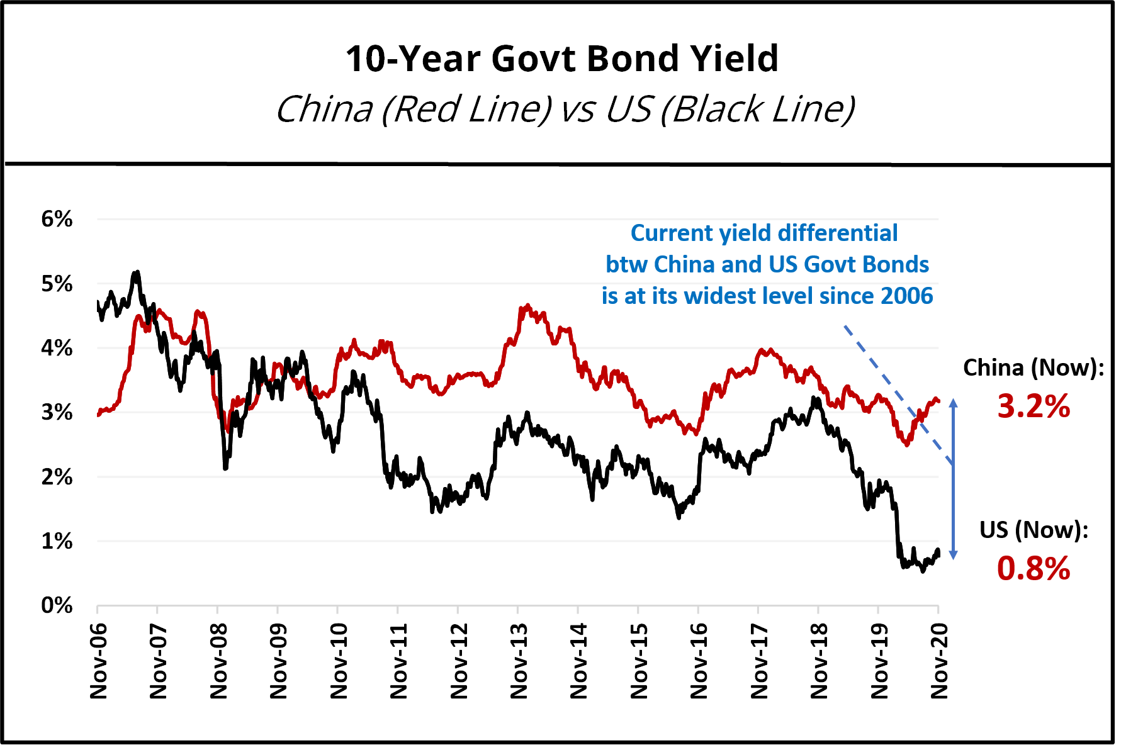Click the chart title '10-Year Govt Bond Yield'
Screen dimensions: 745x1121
click(x=561, y=59)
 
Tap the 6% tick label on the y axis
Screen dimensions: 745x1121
click(x=57, y=219)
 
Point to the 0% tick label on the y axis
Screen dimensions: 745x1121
click(x=57, y=605)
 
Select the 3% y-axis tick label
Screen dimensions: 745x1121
click(x=57, y=413)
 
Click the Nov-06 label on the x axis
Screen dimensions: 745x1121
click(x=99, y=661)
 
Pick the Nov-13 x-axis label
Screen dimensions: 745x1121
click(x=519, y=661)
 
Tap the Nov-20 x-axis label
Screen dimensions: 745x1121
click(x=939, y=661)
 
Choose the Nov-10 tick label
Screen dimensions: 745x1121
click(x=339, y=661)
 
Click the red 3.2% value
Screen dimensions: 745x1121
click(x=1034, y=406)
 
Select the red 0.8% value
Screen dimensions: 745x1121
click(x=1034, y=569)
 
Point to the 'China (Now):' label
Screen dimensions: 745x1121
click(x=1034, y=367)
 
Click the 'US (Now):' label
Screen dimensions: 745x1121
click(x=1034, y=530)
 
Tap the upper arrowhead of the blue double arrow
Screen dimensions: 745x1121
click(x=953, y=403)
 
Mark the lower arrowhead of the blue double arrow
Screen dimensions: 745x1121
click(x=953, y=554)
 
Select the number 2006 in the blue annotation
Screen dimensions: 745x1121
click(x=906, y=296)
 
